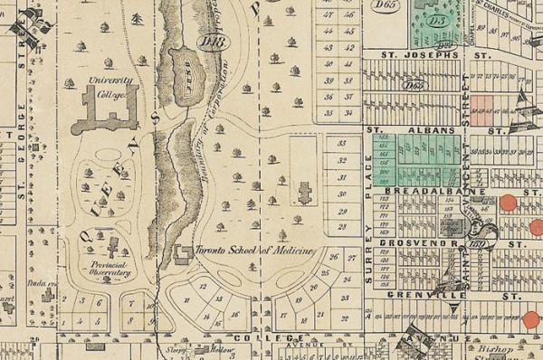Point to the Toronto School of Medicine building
[x=182, y=251]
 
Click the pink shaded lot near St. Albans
[x=481, y=109]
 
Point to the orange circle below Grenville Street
[x=530, y=319]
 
